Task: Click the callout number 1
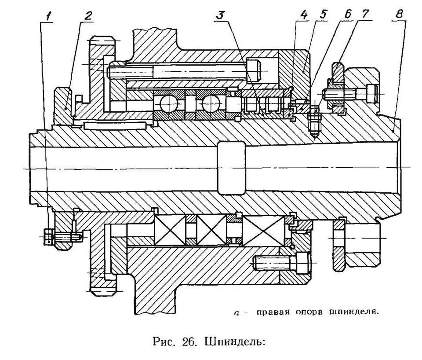pos(48,16)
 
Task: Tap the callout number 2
pos(87,16)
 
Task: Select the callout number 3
pos(220,16)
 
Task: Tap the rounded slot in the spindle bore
pos(231,168)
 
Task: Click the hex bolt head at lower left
pos(49,237)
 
